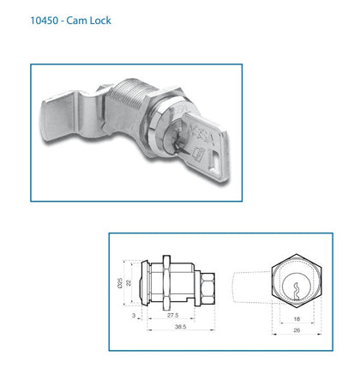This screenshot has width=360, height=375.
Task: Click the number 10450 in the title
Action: [x=45, y=20]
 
